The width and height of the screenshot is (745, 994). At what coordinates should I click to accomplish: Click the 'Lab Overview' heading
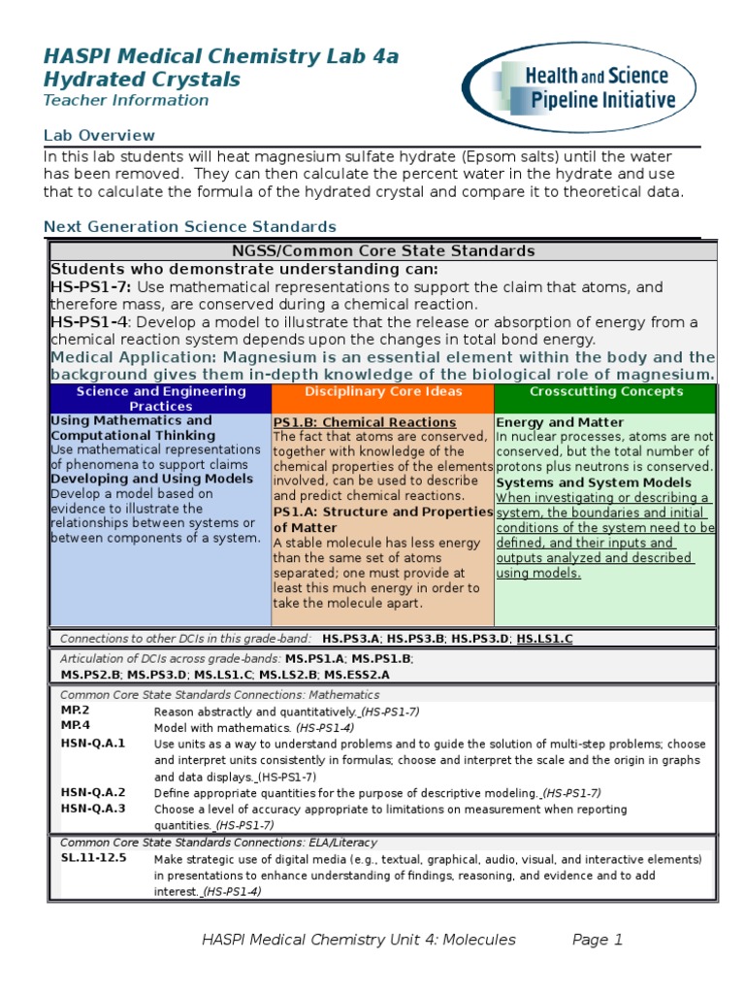pos(99,135)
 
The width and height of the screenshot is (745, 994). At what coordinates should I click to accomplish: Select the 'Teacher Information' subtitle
pos(125,100)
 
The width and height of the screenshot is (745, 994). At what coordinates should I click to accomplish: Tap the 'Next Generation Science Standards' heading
pos(189,226)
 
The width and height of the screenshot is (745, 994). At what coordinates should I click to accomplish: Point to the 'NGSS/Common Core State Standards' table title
pos(383,250)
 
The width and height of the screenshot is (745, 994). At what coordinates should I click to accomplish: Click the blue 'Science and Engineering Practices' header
pos(161,398)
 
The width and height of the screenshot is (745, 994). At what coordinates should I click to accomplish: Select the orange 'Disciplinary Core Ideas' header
pos(382,392)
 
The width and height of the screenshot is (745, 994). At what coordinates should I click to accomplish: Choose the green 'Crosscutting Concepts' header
pos(605,392)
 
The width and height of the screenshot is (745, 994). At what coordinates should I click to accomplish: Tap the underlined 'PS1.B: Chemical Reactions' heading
pos(365,422)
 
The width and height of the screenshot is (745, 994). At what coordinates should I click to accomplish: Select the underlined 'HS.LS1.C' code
pos(544,639)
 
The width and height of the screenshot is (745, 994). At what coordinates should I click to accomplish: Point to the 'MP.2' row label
pos(75,711)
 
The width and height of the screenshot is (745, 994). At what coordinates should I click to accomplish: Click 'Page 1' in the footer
pos(597,940)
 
